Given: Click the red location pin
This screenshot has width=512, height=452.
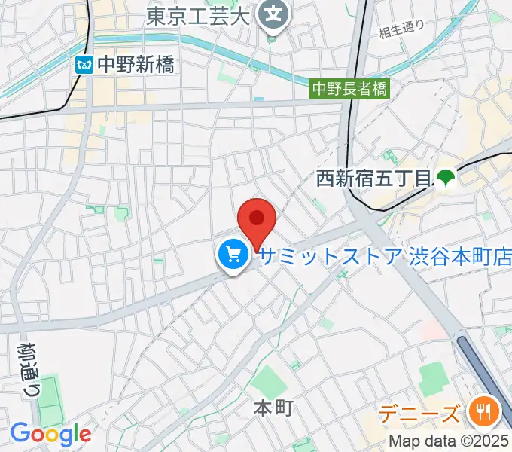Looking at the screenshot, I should [x=257, y=220].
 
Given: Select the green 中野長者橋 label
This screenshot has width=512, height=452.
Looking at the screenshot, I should [x=351, y=89].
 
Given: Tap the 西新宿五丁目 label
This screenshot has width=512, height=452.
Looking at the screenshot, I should [x=373, y=179].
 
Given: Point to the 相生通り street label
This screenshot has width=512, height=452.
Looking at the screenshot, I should [x=401, y=30].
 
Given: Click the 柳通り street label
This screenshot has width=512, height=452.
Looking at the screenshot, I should [x=25, y=361].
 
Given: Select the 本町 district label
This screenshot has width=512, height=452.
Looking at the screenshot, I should [x=272, y=408].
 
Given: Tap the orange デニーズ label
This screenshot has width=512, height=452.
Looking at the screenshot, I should [x=419, y=414].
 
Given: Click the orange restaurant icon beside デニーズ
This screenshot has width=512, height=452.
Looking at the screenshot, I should [x=480, y=411].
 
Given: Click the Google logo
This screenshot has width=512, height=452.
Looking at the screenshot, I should [x=50, y=434].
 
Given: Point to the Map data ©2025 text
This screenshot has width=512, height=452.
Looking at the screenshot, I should [x=449, y=441].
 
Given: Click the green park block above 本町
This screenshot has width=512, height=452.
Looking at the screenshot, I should [x=268, y=380].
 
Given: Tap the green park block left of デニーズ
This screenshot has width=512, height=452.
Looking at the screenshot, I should [x=432, y=377].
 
